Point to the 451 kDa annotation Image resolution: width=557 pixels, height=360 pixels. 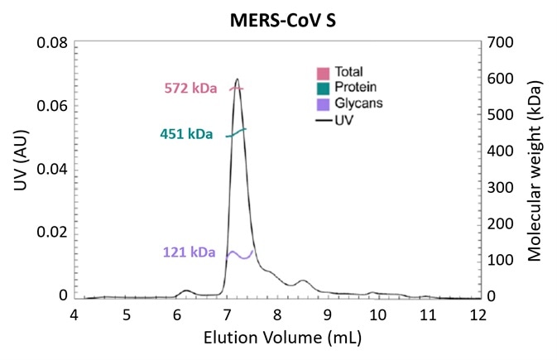tap(187, 134)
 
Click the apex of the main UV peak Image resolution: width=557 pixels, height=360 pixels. tap(238, 79)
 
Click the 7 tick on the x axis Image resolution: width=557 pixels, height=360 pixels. tap(227, 315)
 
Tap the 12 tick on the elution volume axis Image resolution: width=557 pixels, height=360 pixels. tap(478, 315)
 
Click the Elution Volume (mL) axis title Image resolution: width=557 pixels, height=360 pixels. tap(276, 338)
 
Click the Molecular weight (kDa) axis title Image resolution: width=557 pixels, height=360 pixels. tap(535, 170)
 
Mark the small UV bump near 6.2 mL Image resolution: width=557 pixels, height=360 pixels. tap(186, 290)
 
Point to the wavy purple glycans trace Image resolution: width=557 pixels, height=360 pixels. tap(240, 255)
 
